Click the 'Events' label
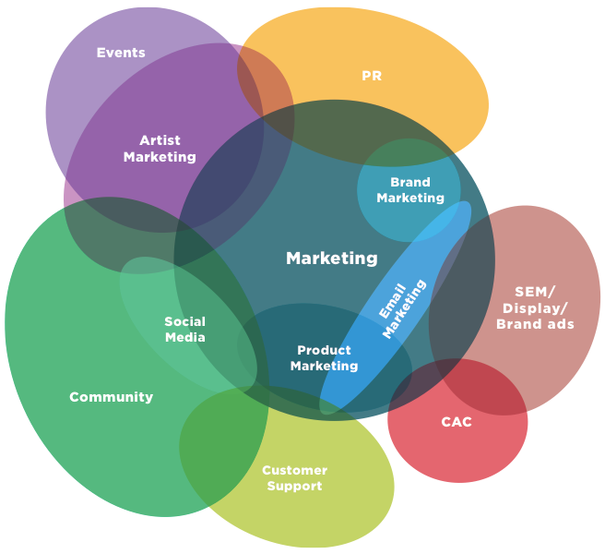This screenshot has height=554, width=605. pyautogui.click(x=121, y=53)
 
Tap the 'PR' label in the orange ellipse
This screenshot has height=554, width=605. pyautogui.click(x=372, y=77)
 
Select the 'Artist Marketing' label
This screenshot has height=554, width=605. pyautogui.click(x=160, y=149)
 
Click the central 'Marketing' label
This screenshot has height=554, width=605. pyautogui.click(x=332, y=259)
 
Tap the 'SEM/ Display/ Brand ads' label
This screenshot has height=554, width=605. pyautogui.click(x=535, y=307)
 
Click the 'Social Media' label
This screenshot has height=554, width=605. pyautogui.click(x=185, y=330)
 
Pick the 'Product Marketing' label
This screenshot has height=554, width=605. pyautogui.click(x=324, y=358)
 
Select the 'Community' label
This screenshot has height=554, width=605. pyautogui.click(x=112, y=397)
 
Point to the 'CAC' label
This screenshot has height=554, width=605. pyautogui.click(x=457, y=422)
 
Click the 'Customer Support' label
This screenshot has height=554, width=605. pyautogui.click(x=294, y=478)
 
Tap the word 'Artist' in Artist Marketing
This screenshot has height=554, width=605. pyautogui.click(x=160, y=140)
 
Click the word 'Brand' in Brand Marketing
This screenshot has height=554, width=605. pyautogui.click(x=410, y=183)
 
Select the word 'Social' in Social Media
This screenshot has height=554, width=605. pyautogui.click(x=185, y=321)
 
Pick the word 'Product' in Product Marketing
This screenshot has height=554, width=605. pyautogui.click(x=324, y=351)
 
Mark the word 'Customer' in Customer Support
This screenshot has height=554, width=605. pyautogui.click(x=294, y=471)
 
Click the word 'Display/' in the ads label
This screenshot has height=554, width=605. pyautogui.click(x=535, y=307)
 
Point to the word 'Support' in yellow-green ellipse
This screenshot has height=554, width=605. pyautogui.click(x=294, y=487)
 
